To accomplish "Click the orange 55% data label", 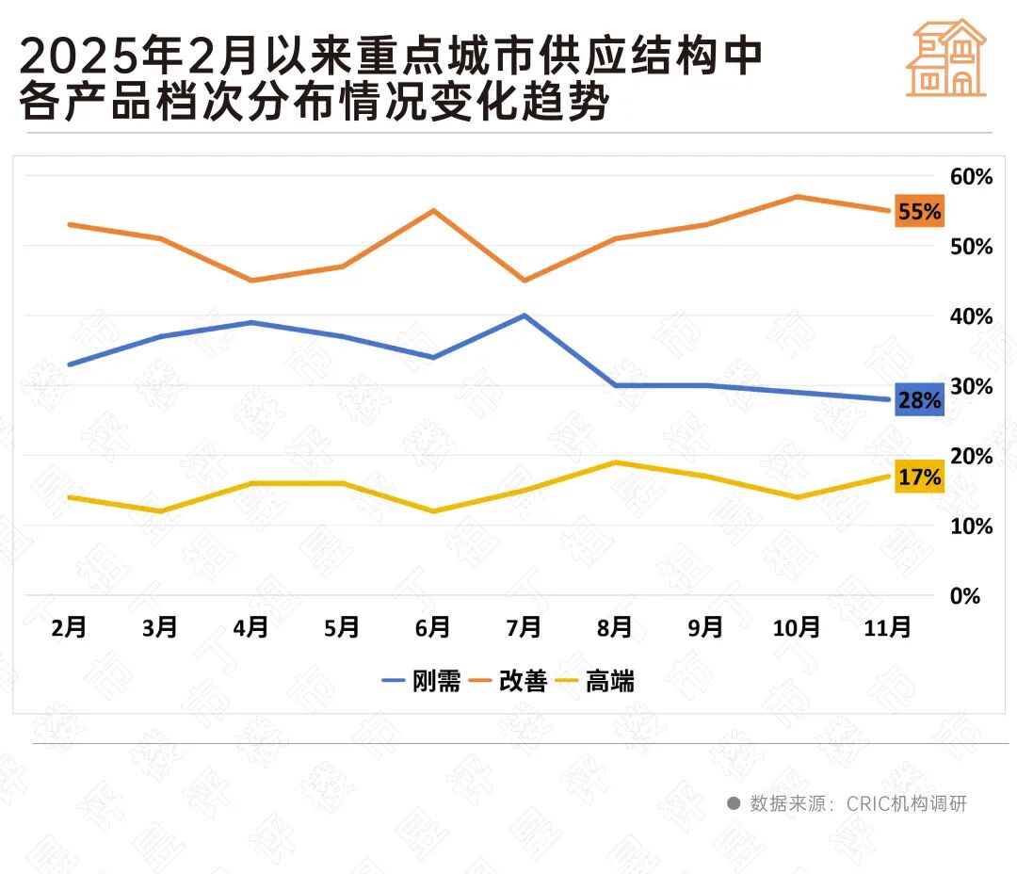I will pos(919,212).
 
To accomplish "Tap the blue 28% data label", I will pos(919,400).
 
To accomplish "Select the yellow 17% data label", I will pos(919,477).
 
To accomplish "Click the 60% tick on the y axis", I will pos(971,177).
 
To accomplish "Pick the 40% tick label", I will pos(971,316).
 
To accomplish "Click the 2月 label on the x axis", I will pos(70,627).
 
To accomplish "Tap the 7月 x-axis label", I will pos(524,627).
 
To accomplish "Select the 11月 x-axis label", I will pos(887,627).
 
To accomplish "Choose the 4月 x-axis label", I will pos(250,627).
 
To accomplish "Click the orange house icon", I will pos(946,58).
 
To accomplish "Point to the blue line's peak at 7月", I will pos(524,316).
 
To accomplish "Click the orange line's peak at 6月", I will pos(432,210).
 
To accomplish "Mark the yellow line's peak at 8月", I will pos(615,462).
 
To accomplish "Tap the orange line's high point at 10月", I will pos(797,196).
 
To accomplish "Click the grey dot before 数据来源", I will pos(734,803).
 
